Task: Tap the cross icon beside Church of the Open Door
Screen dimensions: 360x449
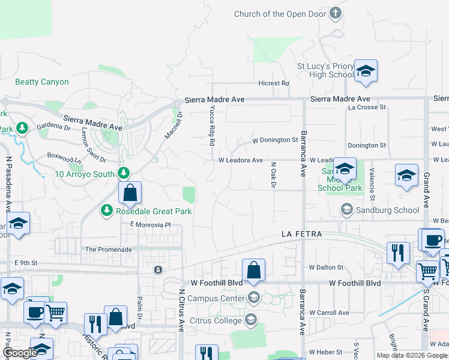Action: [336, 13]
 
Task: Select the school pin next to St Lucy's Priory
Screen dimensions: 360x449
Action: [365, 71]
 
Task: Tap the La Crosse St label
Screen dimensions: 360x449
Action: [367, 107]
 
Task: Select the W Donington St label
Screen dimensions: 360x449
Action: [275, 140]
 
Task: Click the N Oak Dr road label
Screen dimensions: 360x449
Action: [273, 175]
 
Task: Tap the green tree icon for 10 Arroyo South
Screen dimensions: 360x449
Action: [124, 174]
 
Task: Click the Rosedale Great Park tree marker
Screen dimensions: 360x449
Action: [106, 211]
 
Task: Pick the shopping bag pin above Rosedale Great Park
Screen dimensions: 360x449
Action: [130, 193]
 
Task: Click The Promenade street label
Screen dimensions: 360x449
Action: [108, 250]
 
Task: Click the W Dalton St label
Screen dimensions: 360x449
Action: [326, 267]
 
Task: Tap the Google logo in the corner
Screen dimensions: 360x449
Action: [20, 353]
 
